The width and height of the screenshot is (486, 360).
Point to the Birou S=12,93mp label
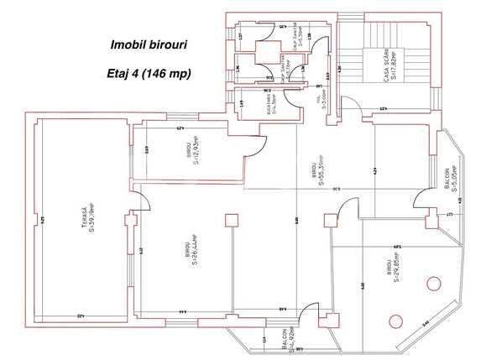coord(191,152)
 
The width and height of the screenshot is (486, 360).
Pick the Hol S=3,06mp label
coord(322,102)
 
